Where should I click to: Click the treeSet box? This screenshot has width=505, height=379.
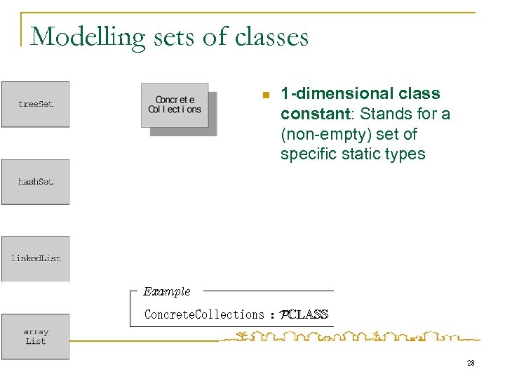(35, 104)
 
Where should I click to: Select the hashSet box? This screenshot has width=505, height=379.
(35, 182)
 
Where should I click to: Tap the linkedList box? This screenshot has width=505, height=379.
(35, 258)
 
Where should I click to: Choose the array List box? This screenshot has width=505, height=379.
(35, 337)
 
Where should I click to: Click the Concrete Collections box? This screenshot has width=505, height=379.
(175, 105)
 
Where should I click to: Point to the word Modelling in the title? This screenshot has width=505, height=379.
(78, 36)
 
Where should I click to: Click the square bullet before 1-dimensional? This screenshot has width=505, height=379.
(264, 95)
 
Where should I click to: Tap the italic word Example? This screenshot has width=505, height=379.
(166, 291)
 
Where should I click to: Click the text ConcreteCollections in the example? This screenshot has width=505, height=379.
(203, 314)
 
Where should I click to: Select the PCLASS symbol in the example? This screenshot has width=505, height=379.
(303, 314)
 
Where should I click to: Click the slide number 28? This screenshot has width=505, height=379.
(469, 363)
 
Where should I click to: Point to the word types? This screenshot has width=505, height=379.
(407, 154)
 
